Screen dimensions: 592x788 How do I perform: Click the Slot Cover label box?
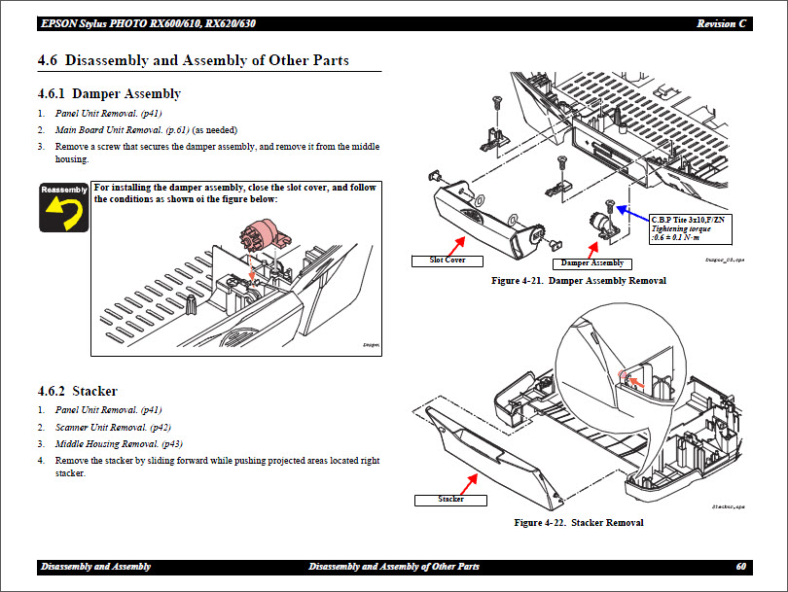(x=448, y=261)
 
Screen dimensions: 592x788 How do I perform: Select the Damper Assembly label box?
(x=592, y=263)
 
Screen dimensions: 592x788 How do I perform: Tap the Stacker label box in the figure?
(x=450, y=500)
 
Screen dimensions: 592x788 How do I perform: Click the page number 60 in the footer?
(x=741, y=567)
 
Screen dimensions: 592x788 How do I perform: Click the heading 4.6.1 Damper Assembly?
(x=109, y=94)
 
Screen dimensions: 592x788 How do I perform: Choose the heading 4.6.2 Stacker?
(x=77, y=392)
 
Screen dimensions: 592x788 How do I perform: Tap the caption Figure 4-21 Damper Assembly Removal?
(x=579, y=281)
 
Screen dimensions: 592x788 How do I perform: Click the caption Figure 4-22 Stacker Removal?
(x=579, y=523)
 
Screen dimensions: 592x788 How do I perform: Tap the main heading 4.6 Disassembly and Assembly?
(x=193, y=61)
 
